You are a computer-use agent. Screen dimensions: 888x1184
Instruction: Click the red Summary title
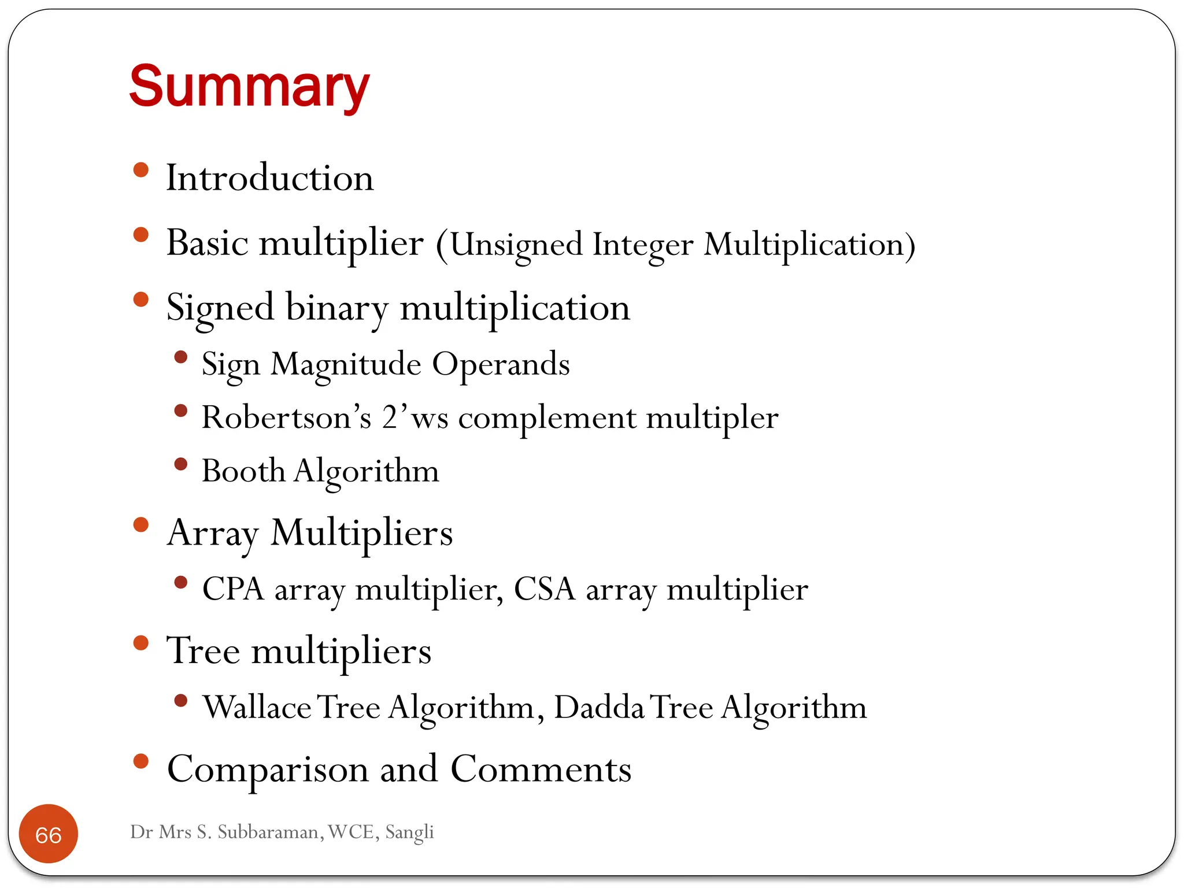pos(249,87)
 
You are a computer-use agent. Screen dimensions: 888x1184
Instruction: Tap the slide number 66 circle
pos(49,834)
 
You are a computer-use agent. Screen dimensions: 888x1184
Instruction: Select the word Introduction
pos(269,178)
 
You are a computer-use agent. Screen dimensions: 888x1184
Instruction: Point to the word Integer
pos(642,245)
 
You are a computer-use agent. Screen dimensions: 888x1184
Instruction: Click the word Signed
pos(220,308)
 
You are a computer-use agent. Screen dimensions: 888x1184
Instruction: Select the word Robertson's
pos(286,417)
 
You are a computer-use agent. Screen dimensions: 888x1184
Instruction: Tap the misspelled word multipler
pos(712,417)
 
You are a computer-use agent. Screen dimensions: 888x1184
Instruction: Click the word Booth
pos(243,471)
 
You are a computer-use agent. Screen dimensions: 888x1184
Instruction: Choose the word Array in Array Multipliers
pos(212,532)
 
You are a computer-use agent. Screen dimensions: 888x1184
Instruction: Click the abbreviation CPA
pos(233,589)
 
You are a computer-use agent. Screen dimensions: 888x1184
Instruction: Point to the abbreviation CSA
pos(544,589)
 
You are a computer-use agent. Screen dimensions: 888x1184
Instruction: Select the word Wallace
pos(257,707)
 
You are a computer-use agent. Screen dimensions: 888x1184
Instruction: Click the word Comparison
pos(268,769)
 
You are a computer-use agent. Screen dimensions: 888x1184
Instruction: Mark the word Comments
pos(541,769)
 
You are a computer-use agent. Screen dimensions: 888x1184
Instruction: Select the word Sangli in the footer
pos(409,832)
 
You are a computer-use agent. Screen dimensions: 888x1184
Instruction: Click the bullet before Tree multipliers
pos(140,643)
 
